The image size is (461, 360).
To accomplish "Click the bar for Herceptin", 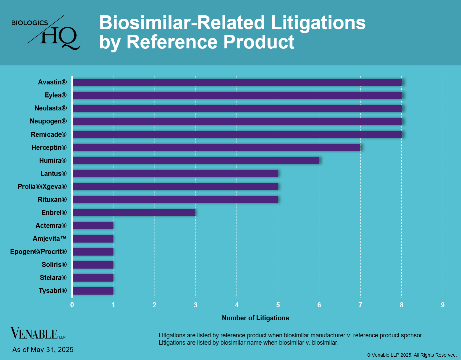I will point(216,147).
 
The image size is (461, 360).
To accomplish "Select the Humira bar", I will point(195,160).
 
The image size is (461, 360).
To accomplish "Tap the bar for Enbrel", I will point(134,213).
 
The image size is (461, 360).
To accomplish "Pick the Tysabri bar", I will point(93,291).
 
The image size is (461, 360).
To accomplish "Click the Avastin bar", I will point(237,82).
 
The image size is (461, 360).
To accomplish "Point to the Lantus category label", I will point(53,173).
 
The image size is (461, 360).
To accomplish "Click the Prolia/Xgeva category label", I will point(42,187).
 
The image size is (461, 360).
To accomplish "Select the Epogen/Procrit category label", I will point(38,252).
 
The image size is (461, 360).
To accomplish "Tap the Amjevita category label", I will point(49,239).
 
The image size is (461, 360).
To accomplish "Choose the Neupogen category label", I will point(48,121).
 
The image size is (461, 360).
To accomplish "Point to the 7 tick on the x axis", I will point(360,305).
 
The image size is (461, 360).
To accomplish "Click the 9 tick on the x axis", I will point(443,305).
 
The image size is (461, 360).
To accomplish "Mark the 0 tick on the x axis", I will point(72,305).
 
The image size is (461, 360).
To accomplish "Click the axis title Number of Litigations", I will point(256,318).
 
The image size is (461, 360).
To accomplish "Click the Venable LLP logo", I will point(38,333).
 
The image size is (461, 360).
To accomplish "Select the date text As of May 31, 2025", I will point(43,350).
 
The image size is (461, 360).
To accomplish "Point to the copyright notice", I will point(412,355).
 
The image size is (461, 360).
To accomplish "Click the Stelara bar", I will point(93,278).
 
